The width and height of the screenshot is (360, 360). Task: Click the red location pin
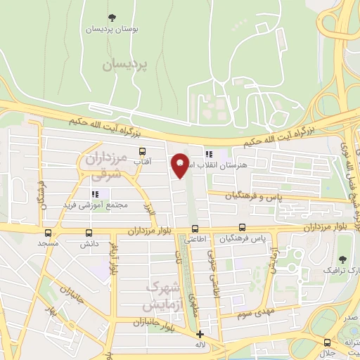[181, 165]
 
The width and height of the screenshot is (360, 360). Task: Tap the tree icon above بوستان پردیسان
[112, 18]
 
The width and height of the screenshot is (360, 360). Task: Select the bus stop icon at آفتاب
[143, 151]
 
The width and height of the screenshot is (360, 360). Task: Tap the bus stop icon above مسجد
[48, 233]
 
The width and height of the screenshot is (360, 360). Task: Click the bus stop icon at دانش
[89, 233]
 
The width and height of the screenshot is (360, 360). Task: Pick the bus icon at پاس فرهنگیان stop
[242, 228]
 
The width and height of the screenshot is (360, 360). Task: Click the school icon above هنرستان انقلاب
[208, 153]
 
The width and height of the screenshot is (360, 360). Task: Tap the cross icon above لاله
[200, 334]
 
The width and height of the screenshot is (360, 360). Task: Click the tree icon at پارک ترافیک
[343, 259]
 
